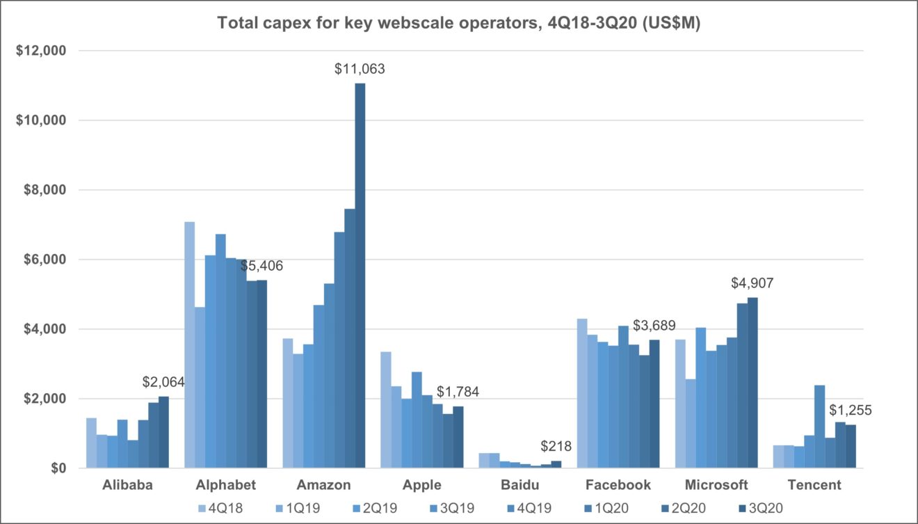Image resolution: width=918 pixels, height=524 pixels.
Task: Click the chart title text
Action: point(459,22)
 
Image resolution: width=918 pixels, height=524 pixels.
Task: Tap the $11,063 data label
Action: point(360,69)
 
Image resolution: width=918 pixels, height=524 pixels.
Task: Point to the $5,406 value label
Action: point(259,266)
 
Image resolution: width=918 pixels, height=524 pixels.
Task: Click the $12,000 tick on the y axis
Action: point(41,51)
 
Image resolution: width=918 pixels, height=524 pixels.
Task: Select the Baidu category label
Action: point(520,485)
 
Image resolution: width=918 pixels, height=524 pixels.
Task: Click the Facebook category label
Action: point(618,485)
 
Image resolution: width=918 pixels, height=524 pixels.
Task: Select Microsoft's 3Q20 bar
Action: point(752,383)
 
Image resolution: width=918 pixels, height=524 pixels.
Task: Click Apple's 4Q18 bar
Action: point(386,410)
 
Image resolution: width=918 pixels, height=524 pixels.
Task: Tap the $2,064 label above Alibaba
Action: point(163,382)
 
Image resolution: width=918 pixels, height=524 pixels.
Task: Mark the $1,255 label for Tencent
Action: point(850,410)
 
